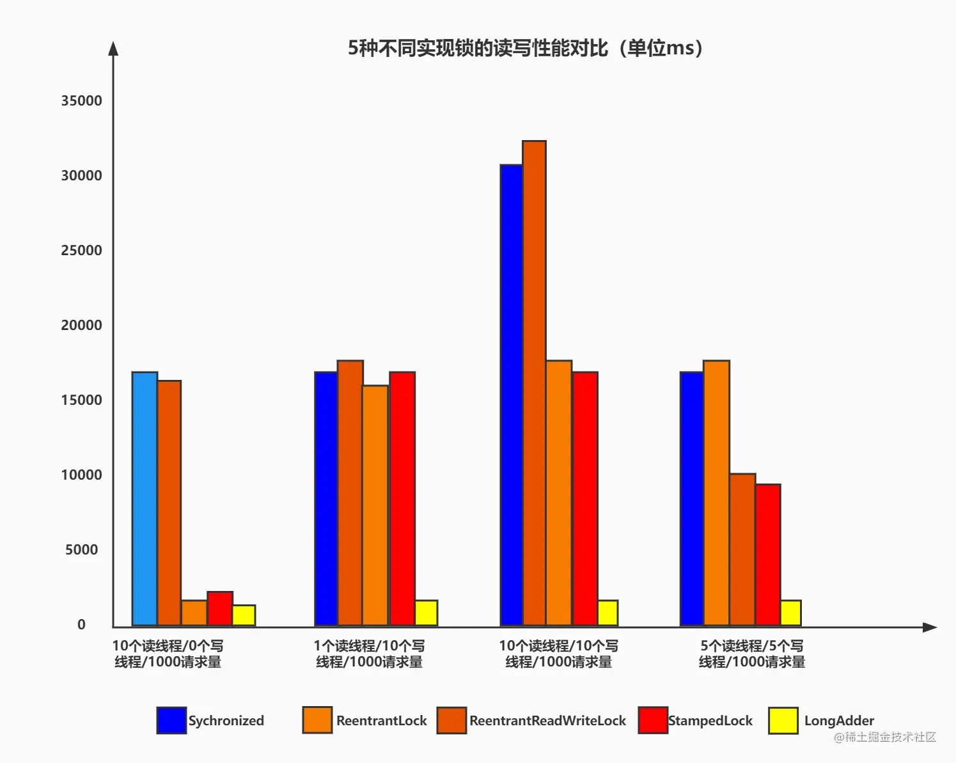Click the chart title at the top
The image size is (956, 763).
[525, 48]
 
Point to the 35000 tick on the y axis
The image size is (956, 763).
[81, 101]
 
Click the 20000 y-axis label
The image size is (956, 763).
[81, 326]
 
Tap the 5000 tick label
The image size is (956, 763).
[81, 550]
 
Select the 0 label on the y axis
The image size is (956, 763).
[81, 625]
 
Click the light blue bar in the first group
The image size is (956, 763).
[145, 499]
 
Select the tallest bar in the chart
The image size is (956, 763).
[534, 384]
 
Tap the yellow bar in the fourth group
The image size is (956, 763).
[790, 613]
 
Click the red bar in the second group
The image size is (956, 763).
[402, 499]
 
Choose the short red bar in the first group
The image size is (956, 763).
[220, 609]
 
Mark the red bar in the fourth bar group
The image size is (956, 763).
[768, 555]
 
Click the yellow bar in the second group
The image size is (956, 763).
[426, 613]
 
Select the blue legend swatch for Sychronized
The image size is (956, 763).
[171, 720]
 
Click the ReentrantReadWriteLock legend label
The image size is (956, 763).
[547, 721]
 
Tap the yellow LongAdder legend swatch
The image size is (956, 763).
[783, 720]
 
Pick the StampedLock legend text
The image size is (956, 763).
[710, 721]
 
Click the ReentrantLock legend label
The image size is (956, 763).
[381, 721]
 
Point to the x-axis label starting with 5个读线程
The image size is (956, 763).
[752, 654]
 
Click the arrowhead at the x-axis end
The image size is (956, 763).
[930, 627]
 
